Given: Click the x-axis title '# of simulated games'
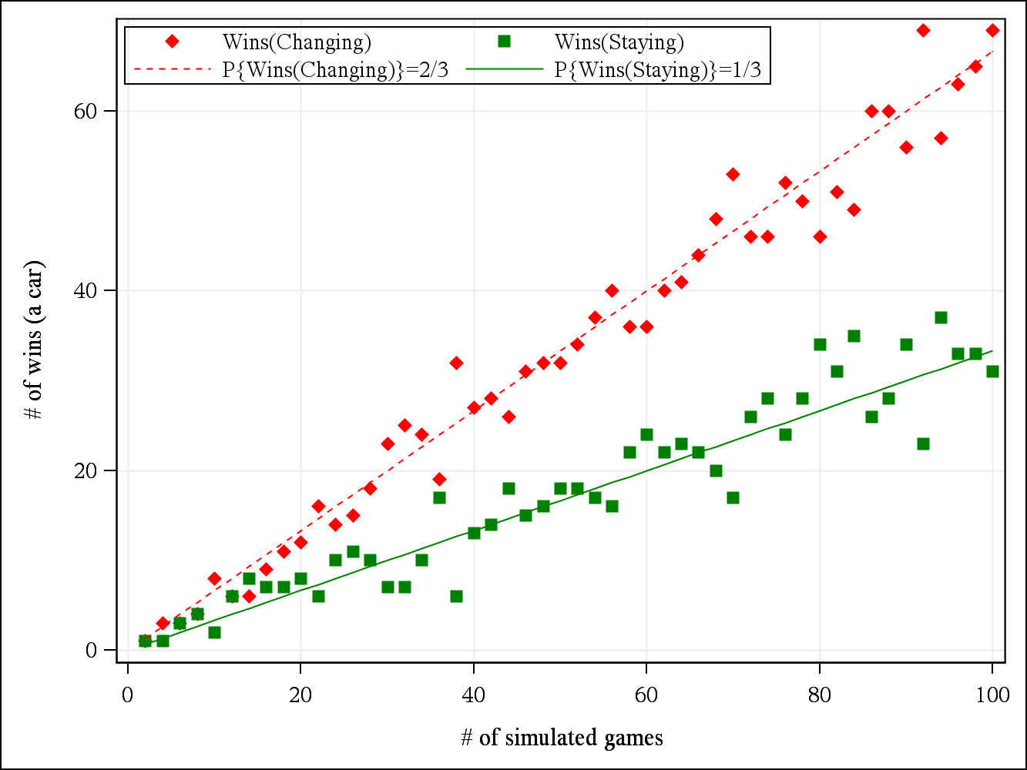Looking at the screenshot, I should click(562, 738).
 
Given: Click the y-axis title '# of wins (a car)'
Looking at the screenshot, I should click(34, 340).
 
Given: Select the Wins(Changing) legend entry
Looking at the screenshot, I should click(297, 42).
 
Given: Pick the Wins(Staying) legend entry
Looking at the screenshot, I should click(619, 42).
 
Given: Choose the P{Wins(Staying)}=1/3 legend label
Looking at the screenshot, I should click(662, 70).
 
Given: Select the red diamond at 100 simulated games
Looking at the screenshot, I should click(992, 30).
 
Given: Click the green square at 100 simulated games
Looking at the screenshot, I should click(992, 371).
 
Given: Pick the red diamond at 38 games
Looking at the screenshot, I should click(456, 363).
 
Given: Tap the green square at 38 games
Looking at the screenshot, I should click(456, 596).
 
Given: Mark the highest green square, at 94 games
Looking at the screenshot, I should click(941, 317).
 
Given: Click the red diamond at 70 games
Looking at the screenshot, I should click(733, 174).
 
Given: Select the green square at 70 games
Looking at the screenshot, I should click(733, 497).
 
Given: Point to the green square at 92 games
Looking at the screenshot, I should click(923, 444).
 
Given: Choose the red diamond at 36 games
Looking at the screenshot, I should click(439, 479).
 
